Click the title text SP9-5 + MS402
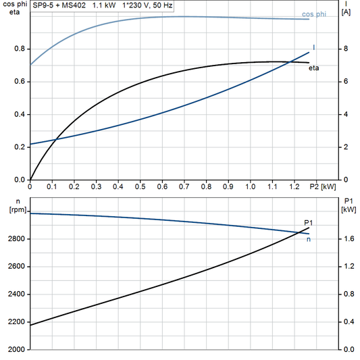pyautogui.click(x=59, y=5)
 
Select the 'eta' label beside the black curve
pyautogui.click(x=314, y=68)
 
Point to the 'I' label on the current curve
pyautogui.click(x=314, y=47)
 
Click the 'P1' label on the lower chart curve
pyautogui.click(x=309, y=223)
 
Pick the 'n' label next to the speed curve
pyautogui.click(x=309, y=238)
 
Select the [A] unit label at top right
pyautogui.click(x=346, y=12)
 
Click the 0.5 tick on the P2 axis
pyautogui.click(x=140, y=186)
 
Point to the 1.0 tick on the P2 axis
pyautogui.click(x=250, y=186)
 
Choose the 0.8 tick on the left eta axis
pyautogui.click(x=20, y=49)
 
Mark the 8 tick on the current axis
pyautogui.click(x=344, y=49)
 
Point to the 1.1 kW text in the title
pyautogui.click(x=103, y=5)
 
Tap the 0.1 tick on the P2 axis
pyautogui.click(x=52, y=186)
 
